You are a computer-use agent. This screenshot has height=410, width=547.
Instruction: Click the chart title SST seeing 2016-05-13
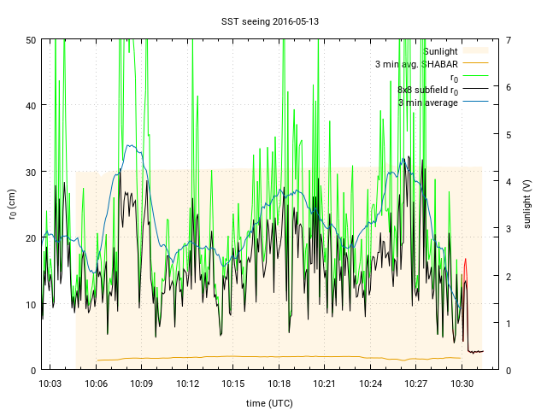tap(273, 20)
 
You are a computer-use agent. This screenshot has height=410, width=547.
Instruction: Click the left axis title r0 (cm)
tap(12, 204)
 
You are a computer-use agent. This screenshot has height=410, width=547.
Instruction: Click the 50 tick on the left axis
tap(30, 40)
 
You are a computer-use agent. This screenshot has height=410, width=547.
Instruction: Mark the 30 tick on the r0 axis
tap(30, 172)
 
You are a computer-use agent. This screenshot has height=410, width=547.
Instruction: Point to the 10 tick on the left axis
tap(30, 304)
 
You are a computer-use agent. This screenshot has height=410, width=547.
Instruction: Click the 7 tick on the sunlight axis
tap(508, 40)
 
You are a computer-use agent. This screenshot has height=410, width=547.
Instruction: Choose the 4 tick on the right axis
tap(508, 181)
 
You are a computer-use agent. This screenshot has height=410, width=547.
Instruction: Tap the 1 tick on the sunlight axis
tap(508, 323)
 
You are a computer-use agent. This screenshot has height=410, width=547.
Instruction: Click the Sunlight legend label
tap(440, 51)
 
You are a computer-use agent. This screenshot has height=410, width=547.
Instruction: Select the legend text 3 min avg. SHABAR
tap(416, 64)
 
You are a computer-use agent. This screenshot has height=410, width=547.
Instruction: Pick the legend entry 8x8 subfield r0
tap(427, 90)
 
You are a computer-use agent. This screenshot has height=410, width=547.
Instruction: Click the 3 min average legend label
tap(428, 102)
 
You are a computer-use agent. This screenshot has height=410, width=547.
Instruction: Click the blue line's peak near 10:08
tap(131, 145)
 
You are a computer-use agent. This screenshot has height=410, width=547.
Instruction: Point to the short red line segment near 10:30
tap(465, 265)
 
